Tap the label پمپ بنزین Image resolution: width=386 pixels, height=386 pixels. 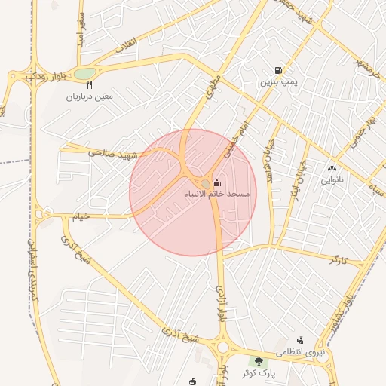(275, 82)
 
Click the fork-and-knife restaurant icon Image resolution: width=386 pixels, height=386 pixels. (90, 85)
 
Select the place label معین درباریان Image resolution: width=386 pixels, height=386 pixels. (90, 96)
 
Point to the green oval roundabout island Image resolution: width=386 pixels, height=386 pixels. (84, 74)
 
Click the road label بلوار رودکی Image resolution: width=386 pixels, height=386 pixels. (37, 75)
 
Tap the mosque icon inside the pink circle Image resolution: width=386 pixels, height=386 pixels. (217, 182)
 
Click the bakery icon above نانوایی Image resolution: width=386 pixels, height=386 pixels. (332, 169)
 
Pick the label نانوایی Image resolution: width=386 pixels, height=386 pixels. (332, 180)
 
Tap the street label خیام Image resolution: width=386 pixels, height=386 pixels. (80, 216)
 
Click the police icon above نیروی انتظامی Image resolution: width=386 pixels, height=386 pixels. (300, 341)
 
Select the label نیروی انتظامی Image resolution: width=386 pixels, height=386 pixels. (300, 352)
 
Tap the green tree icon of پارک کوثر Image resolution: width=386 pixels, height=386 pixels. (259, 362)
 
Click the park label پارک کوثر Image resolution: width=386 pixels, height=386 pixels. (259, 373)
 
